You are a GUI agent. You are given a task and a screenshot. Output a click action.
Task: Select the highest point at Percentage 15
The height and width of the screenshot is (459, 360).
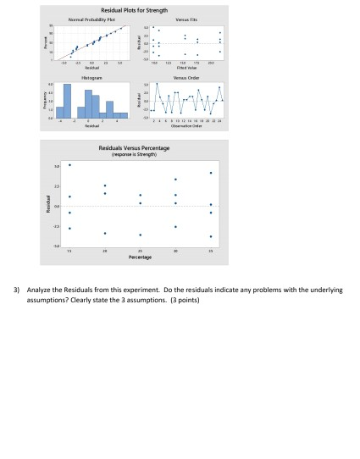(69, 165)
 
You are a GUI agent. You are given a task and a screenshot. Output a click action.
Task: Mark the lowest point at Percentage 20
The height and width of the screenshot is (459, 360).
(105, 233)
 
